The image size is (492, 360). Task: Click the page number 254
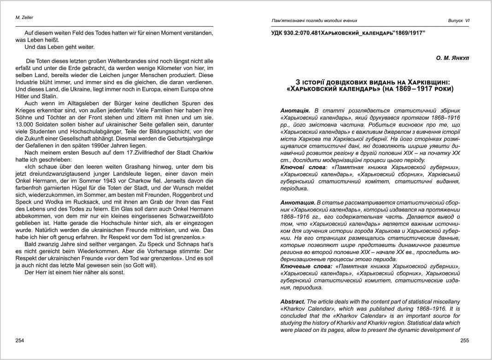point(20,340)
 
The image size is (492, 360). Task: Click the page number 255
point(464,340)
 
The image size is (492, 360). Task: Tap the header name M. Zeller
point(24,18)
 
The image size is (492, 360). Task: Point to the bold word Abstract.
point(293,301)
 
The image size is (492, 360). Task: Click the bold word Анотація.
point(295,111)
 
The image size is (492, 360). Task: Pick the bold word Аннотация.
point(297,203)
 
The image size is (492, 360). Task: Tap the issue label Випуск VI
point(458,20)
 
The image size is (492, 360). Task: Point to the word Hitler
point(24,96)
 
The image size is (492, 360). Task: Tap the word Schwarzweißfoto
point(187,216)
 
